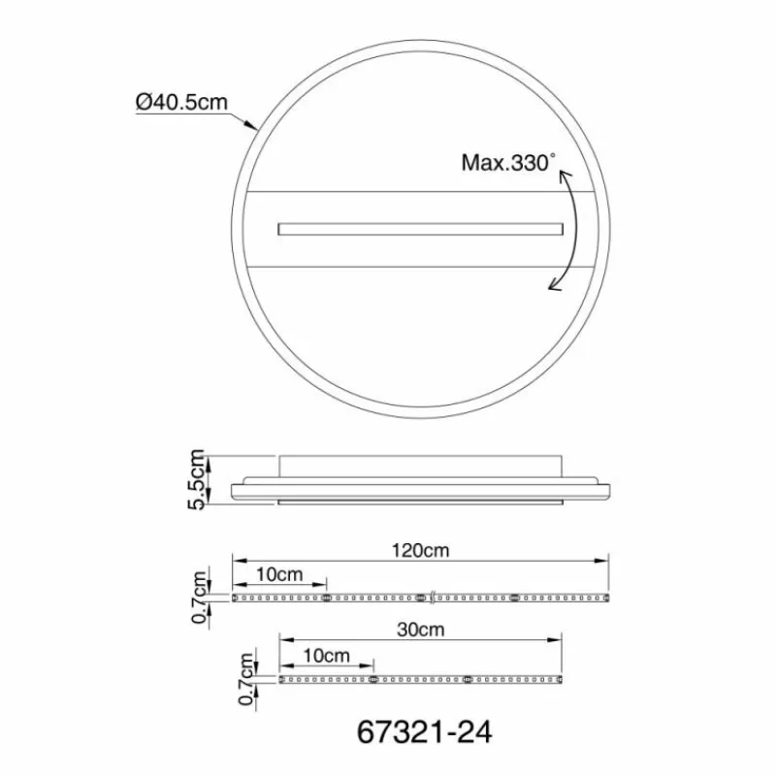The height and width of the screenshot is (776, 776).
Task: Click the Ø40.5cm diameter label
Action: click(x=181, y=103)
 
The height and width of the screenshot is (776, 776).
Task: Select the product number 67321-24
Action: click(x=424, y=732)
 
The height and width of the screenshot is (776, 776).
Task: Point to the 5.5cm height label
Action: click(x=196, y=479)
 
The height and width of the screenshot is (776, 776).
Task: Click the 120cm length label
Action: click(x=420, y=550)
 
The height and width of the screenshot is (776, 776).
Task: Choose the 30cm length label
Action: click(x=421, y=630)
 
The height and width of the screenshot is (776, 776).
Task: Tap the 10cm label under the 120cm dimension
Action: click(x=279, y=574)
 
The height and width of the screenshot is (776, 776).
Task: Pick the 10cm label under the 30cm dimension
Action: click(x=326, y=656)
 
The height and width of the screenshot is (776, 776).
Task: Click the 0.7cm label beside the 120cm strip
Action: click(x=199, y=598)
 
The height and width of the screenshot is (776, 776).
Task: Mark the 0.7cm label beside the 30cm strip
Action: click(x=246, y=678)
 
